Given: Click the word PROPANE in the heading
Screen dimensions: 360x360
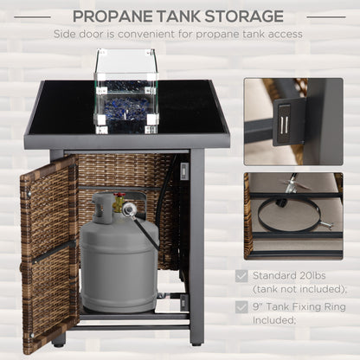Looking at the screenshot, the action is click(112, 16).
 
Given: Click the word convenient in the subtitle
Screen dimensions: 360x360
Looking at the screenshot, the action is click(146, 34).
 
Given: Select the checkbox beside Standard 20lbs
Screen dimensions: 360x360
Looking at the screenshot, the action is click(241, 276).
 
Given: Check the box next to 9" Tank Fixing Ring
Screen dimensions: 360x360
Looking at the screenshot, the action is click(241, 307).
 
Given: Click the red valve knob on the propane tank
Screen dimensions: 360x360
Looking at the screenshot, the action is click(119, 195).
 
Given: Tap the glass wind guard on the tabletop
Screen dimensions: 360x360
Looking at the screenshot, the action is click(126, 92).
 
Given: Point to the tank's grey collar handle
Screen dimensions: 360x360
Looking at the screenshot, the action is click(103, 207).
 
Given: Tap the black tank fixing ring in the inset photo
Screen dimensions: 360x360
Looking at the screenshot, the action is click(289, 199).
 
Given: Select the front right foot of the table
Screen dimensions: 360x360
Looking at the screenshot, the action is click(196, 344).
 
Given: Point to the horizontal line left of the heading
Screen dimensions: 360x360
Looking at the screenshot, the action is click(32, 17).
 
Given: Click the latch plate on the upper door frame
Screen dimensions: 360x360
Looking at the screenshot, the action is click(184, 170).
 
